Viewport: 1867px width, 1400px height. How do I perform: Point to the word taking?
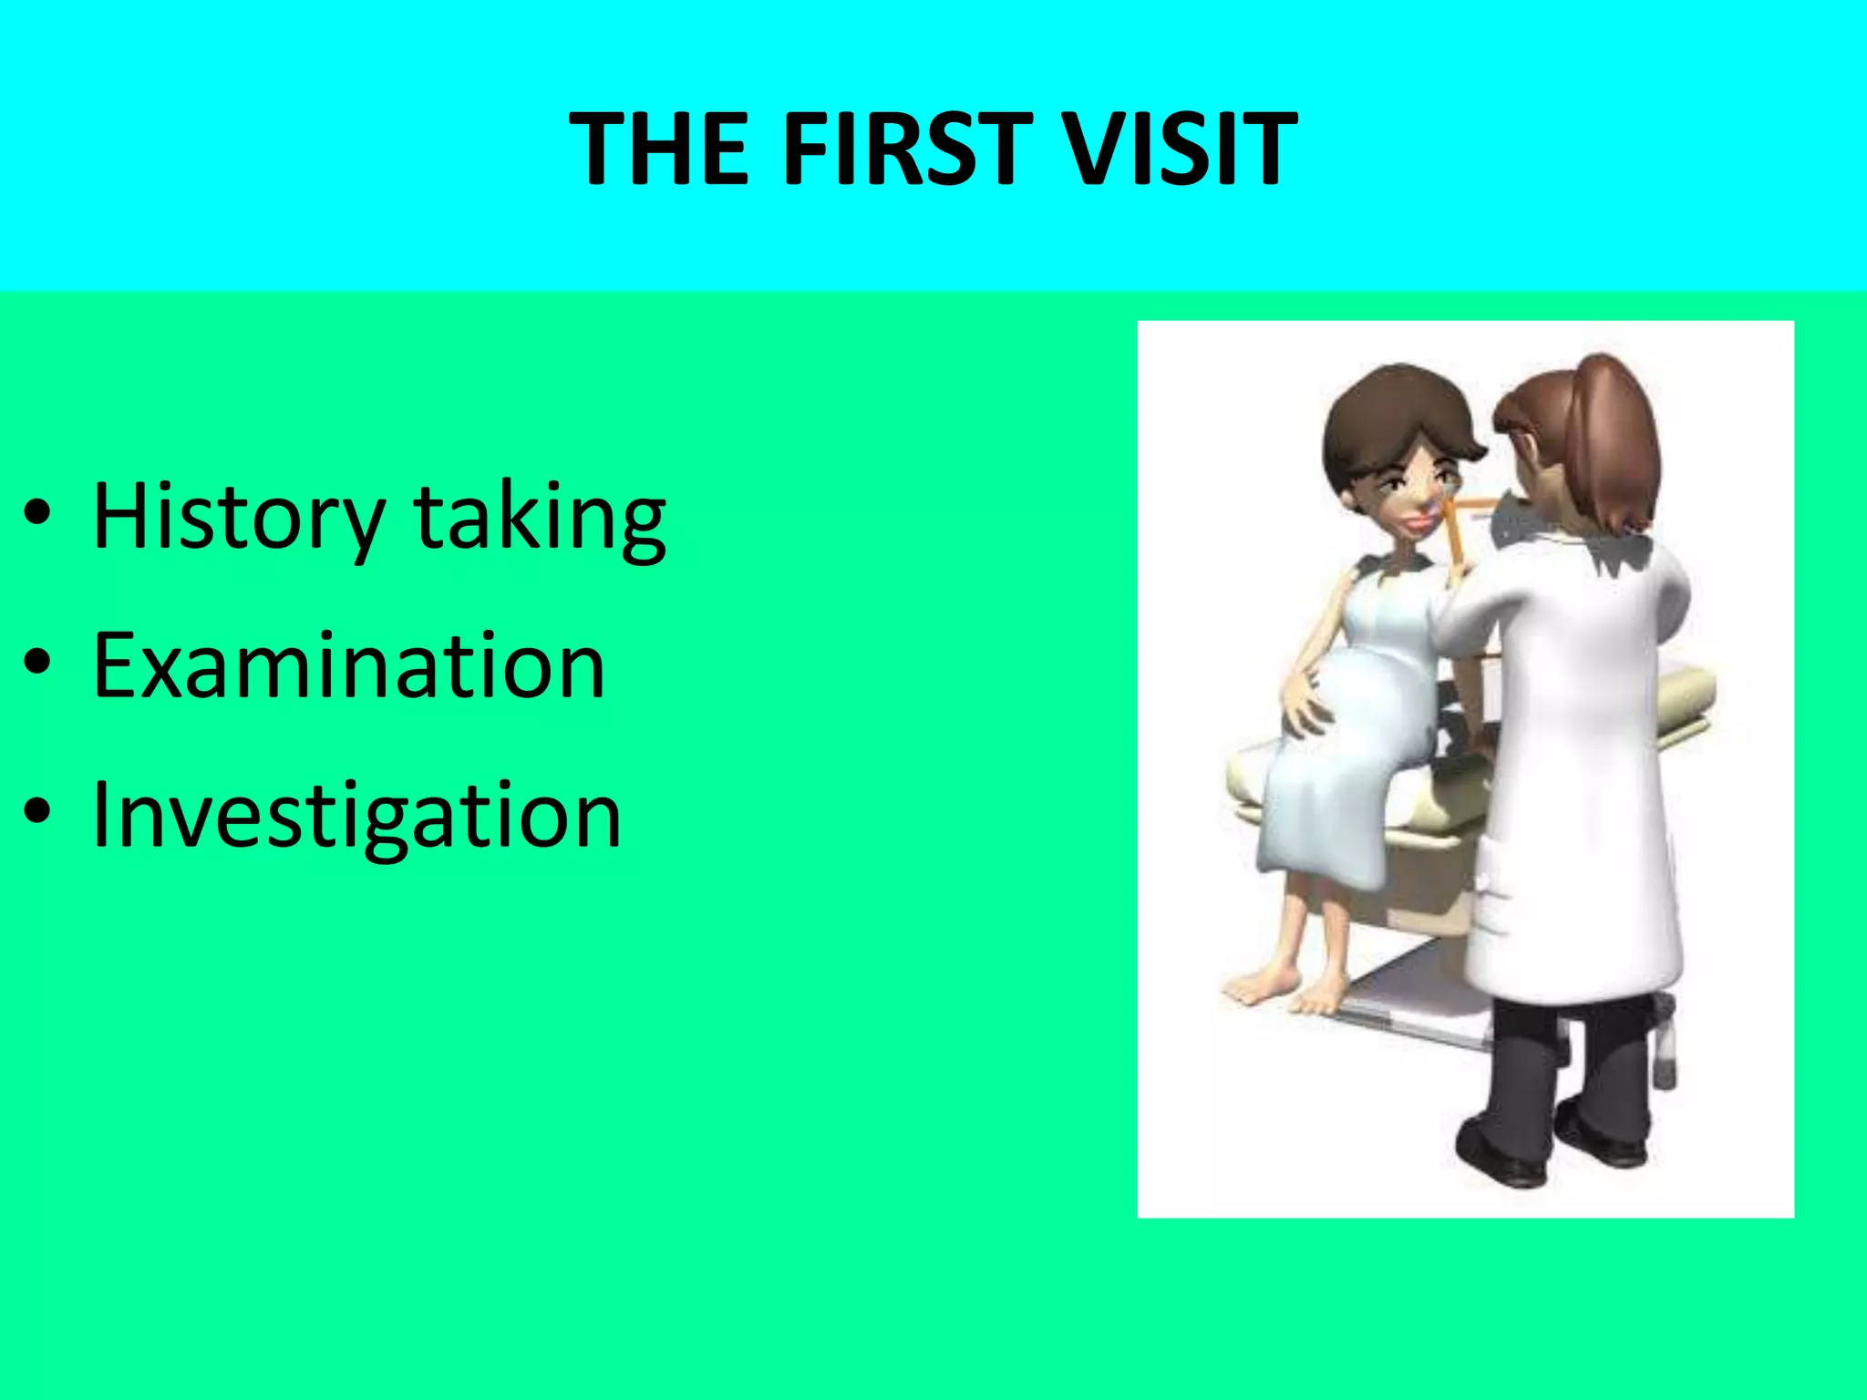click(x=540, y=518)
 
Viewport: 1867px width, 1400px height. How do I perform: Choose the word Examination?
click(x=349, y=666)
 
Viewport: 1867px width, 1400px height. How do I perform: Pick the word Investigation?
click(x=357, y=816)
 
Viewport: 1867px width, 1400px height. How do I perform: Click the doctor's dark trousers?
click(x=1532, y=1057)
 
